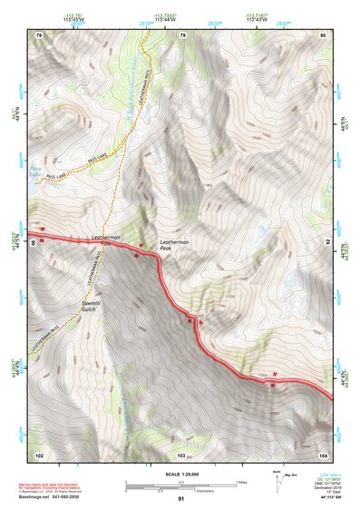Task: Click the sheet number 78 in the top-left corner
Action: point(39,35)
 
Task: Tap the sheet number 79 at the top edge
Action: point(182,35)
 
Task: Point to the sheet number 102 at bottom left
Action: point(39,454)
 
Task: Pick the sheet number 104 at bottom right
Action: point(323,454)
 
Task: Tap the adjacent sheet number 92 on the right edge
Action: point(327,242)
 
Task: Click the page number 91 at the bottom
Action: point(181,499)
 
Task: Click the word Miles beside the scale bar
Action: point(240,483)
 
